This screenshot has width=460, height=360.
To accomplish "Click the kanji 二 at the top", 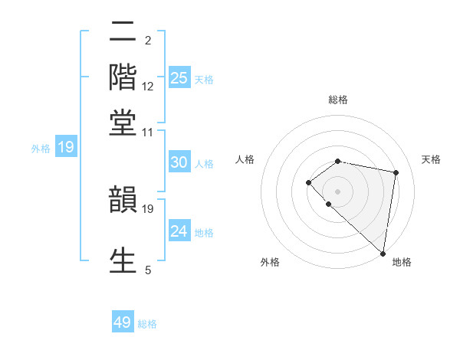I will pos(123,33).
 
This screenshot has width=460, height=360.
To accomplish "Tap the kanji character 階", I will pos(123,77).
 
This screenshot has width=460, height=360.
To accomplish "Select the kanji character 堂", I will pos(123,122).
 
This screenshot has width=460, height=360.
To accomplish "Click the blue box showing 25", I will pos(179,77).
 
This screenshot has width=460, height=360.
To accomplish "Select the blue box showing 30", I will pos(179,162).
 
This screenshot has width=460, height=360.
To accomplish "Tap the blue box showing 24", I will pos(179,231).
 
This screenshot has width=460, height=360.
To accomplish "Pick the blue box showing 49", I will pos(123,322).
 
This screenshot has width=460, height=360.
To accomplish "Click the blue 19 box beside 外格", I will pos(66,147).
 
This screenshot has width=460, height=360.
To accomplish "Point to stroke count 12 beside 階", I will pos(148,87).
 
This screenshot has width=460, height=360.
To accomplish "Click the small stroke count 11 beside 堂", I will pos(148,132).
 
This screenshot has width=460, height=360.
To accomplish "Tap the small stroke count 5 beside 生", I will pos(148,269).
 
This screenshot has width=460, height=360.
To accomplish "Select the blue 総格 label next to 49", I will pos(147,324).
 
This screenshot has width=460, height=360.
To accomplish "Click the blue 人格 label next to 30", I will pos(204,164).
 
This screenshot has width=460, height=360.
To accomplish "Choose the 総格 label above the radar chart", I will pos(337,100).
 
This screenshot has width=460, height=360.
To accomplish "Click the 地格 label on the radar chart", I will pos(402,262).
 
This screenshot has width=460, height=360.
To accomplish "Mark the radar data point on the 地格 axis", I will pos(383,253).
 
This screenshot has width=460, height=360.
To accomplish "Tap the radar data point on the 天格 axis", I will pos(396,172).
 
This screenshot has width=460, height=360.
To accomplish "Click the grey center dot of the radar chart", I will pos(337,190).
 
